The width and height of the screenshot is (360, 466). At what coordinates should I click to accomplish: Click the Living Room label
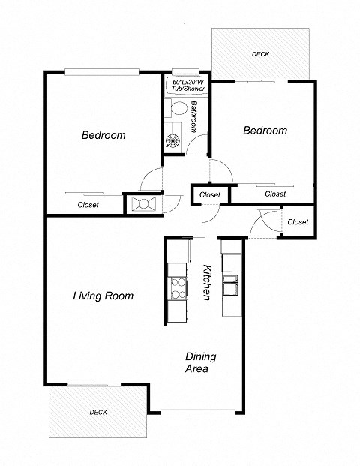[x=103, y=296]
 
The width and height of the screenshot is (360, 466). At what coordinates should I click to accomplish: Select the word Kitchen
[x=208, y=283]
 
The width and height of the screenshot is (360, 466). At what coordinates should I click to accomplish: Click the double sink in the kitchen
[x=232, y=285]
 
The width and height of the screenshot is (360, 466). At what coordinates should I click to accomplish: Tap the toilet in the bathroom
[x=177, y=110]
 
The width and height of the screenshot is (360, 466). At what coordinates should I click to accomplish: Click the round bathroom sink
[x=174, y=140]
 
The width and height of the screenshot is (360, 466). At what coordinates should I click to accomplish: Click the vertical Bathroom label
[x=194, y=116]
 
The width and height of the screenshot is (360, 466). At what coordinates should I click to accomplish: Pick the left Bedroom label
[x=103, y=135]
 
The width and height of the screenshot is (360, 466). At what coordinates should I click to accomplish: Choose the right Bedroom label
[x=265, y=130]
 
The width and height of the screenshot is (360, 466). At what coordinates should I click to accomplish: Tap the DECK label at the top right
[x=260, y=54]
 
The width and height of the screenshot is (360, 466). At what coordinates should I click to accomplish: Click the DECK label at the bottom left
[x=98, y=412]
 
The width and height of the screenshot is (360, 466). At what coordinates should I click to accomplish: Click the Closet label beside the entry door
[x=298, y=221]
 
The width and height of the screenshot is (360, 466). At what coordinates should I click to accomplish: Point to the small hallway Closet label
[x=210, y=194]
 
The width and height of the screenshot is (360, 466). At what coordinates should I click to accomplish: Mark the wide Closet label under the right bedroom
[x=275, y=194]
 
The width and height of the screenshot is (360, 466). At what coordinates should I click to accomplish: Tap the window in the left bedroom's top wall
[x=100, y=72]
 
